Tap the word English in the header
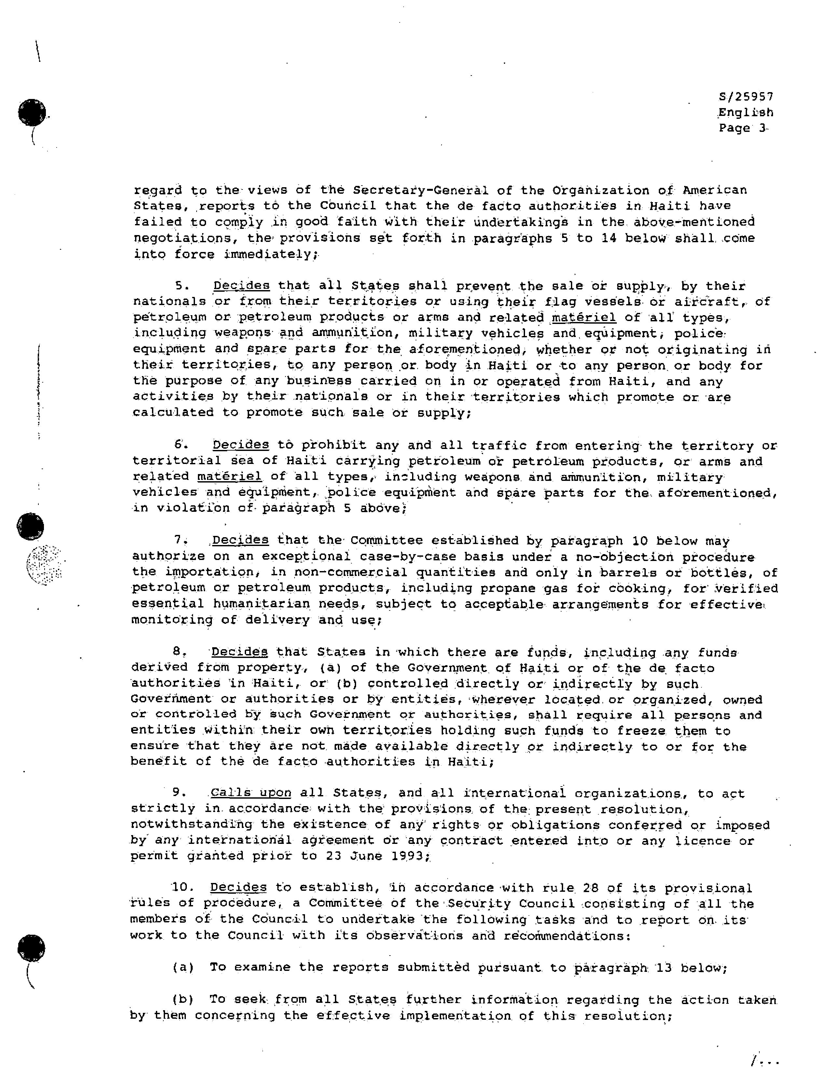coord(745,112)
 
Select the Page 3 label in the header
coord(743,128)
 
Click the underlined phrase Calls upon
coord(250,793)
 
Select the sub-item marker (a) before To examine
coord(183,968)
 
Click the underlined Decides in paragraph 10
coord(238,888)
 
